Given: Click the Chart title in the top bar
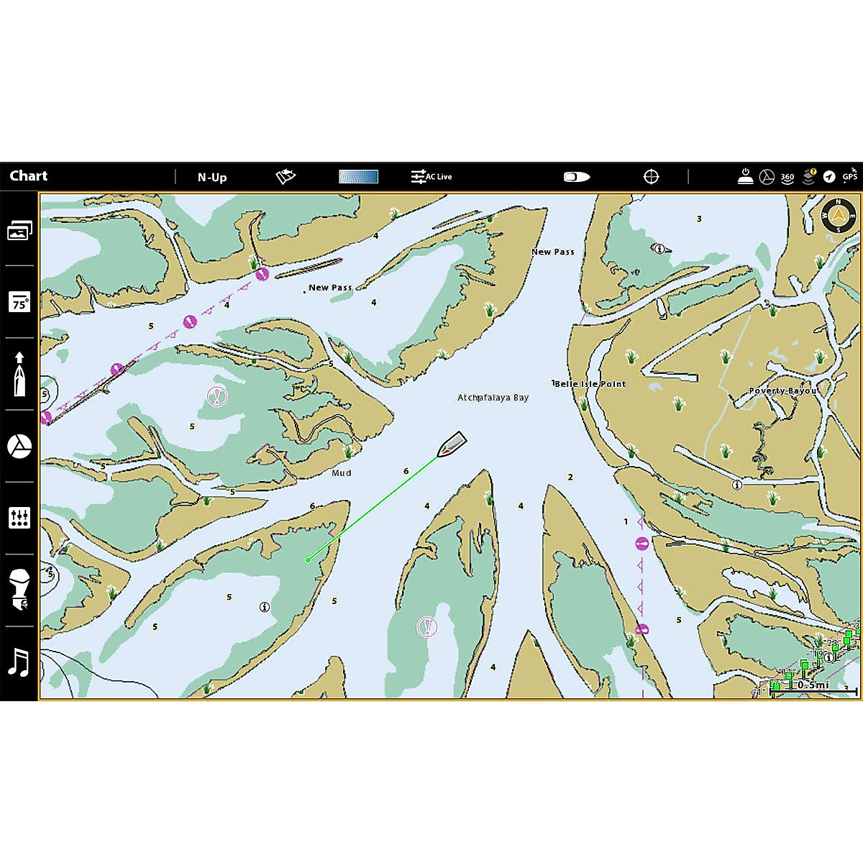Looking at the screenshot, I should tap(29, 176).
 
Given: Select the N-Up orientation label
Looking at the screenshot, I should tap(212, 177).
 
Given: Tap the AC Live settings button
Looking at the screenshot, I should tap(431, 176).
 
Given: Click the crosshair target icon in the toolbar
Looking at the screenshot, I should tap(651, 176).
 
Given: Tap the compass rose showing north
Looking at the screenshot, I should tap(839, 215).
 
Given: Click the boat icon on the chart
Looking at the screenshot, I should tap(452, 444).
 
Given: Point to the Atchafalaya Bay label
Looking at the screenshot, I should tap(493, 398).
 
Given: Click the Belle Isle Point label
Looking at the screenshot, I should tap(590, 384).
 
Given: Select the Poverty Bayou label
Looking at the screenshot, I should tap(782, 391).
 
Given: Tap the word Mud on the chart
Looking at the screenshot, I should tap(342, 473).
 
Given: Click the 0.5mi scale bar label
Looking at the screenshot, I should tap(812, 685).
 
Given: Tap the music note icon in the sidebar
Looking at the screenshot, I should tap(19, 662).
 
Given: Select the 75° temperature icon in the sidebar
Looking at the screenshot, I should tap(19, 302).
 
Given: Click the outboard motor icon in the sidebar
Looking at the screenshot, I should tap(19, 590).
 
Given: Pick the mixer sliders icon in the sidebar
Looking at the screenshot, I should tap(19, 518).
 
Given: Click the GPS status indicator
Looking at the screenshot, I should tap(850, 176).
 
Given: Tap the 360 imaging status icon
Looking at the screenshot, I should tap(787, 176).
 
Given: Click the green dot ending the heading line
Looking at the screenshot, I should tap(308, 560).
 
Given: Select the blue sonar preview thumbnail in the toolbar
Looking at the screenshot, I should tap(358, 176).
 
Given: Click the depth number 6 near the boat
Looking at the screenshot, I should tap(406, 472).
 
